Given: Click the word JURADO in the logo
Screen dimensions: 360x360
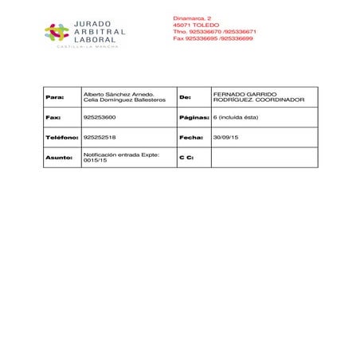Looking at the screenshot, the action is [92, 24].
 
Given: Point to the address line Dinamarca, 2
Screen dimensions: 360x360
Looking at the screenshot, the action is [192, 18].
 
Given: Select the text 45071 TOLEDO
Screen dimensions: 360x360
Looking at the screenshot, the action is [196, 25].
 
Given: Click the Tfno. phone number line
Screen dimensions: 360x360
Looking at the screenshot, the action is [214, 31].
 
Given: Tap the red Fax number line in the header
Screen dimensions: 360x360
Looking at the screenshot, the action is [213, 37].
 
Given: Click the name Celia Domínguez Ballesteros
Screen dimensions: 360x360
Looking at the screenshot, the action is [125, 100].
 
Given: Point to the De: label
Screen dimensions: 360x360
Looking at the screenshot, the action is [186, 97].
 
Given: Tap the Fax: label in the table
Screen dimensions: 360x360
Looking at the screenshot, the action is [53, 117].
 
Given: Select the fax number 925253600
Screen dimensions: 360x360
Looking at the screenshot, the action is [99, 117].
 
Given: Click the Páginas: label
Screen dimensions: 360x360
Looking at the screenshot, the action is [194, 117].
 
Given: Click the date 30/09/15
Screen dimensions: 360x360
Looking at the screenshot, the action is [225, 138].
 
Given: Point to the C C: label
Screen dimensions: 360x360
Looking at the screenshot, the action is [186, 158].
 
